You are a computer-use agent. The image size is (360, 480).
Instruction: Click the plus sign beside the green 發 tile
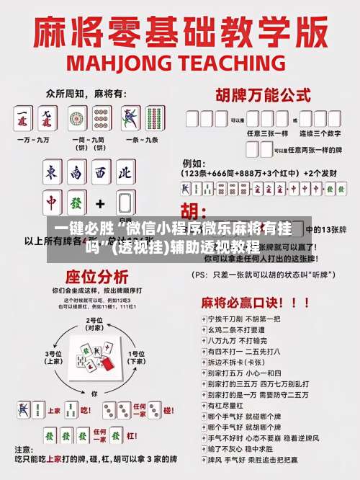[100, 203]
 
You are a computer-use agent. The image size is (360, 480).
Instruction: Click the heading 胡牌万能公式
[259, 94]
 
